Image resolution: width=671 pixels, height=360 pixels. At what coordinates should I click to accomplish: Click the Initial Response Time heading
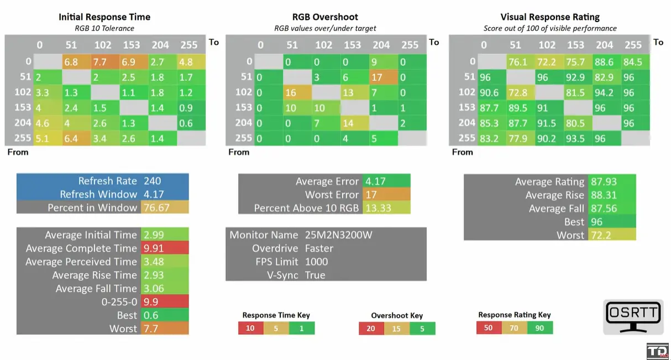104,17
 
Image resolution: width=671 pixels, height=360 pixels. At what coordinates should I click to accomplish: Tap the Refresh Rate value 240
153,181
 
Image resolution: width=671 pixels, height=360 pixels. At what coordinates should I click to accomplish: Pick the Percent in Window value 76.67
156,207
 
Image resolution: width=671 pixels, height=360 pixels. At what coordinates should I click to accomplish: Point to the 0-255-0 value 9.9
151,301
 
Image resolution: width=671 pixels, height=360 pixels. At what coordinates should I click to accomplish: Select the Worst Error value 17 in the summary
370,195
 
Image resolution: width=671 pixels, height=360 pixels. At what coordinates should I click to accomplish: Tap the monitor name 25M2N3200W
338,235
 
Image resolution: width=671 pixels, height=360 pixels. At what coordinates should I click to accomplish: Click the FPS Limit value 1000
316,262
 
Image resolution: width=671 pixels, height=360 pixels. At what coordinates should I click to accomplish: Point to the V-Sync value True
315,275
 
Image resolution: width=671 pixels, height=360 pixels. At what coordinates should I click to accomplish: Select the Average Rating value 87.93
604,181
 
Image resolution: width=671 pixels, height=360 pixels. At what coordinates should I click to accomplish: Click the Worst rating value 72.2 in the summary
601,235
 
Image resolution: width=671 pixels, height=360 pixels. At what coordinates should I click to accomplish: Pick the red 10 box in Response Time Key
250,328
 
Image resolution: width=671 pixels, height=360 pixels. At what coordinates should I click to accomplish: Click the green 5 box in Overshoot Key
423,328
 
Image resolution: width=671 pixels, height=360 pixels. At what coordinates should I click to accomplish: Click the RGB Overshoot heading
325,17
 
